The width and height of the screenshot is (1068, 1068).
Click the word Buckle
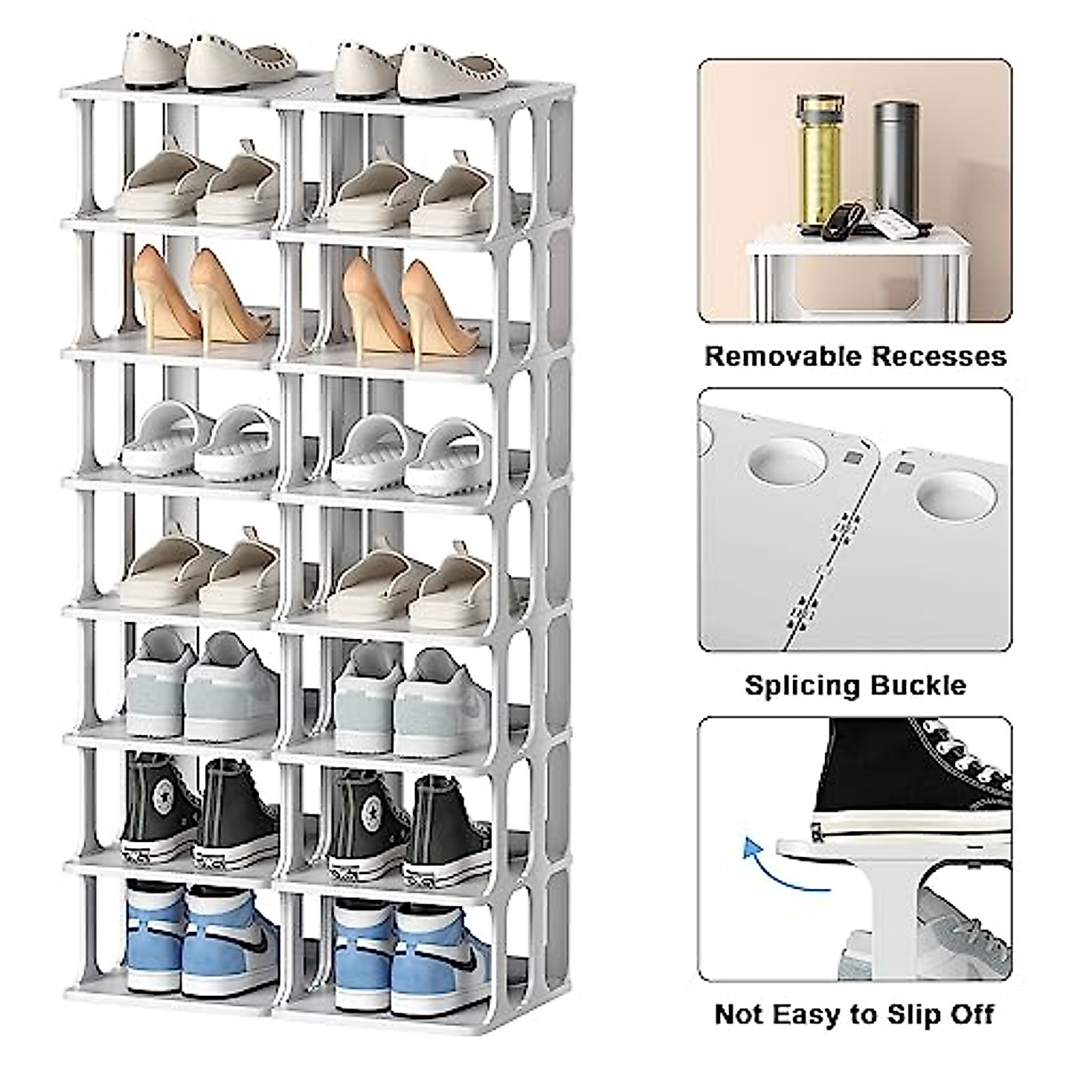(923, 685)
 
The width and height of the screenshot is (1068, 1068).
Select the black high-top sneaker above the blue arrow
(917, 783)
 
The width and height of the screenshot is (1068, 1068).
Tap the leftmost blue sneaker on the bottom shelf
(153, 934)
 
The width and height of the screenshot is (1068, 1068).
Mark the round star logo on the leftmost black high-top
(163, 796)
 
